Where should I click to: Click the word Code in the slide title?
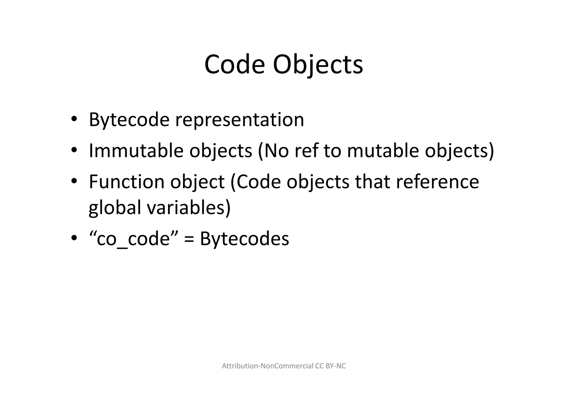(x=234, y=65)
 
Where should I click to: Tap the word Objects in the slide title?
(x=318, y=65)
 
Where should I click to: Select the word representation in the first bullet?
(x=240, y=120)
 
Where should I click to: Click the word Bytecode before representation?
(x=129, y=120)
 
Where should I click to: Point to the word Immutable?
(x=136, y=151)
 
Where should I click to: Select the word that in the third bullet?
(x=372, y=182)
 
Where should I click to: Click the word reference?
(x=437, y=182)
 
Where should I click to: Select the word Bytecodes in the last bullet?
(x=244, y=239)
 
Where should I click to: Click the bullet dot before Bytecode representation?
(x=74, y=119)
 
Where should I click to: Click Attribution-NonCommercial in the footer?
(x=268, y=366)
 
